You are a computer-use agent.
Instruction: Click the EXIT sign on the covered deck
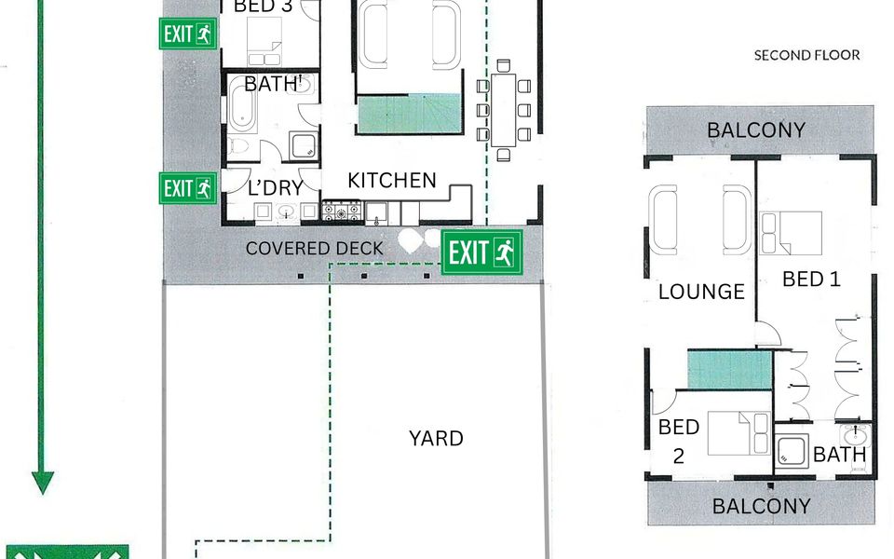[x=482, y=252]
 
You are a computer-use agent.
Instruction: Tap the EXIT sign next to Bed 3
[x=188, y=34]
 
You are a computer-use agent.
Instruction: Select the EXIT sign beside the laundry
[x=188, y=187]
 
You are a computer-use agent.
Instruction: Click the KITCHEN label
[x=392, y=180]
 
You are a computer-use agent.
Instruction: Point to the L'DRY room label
[x=276, y=187]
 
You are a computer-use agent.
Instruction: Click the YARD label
[x=436, y=438]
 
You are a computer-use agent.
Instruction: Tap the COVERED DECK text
[x=314, y=248]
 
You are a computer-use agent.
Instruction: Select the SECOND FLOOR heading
[x=806, y=55]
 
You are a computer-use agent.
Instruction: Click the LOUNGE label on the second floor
[x=701, y=292]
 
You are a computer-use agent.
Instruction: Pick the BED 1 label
[x=811, y=279]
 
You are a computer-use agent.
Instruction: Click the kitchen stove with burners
[x=342, y=211]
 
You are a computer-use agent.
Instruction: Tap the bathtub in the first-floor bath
[x=242, y=107]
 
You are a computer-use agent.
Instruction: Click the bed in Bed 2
[x=738, y=433]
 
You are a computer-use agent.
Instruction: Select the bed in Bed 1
[x=791, y=233]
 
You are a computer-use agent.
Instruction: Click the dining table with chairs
[x=504, y=110]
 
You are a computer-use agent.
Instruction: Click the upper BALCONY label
[x=756, y=130]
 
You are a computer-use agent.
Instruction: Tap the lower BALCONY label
[x=761, y=506]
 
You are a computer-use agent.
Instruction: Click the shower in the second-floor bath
[x=792, y=451]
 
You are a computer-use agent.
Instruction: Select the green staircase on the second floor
[x=730, y=370]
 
